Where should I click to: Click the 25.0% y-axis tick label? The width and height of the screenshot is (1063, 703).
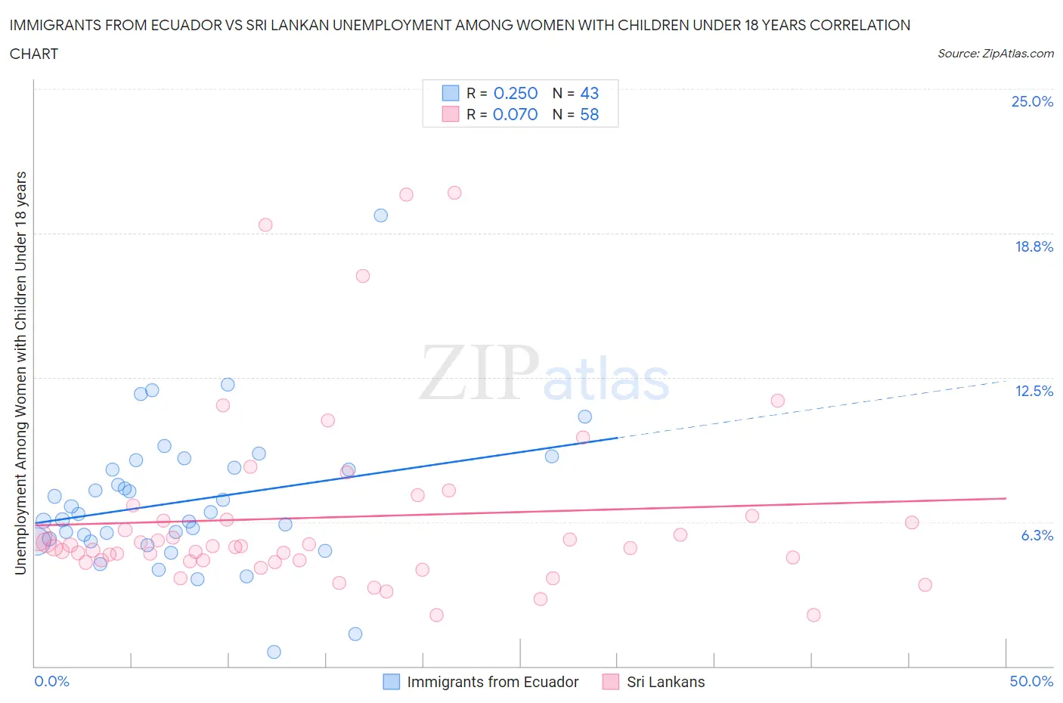[x=1032, y=101]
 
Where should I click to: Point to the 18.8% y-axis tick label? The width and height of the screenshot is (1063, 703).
[x=1034, y=246]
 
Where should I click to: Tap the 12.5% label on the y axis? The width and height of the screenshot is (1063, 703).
[x=1034, y=391]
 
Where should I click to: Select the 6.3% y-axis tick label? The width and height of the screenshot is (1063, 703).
[x=1037, y=535]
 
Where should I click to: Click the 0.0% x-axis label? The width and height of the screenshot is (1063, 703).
[x=51, y=681]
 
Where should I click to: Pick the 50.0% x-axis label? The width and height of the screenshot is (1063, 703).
[x=1031, y=681]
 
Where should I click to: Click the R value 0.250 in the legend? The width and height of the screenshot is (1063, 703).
[x=516, y=93]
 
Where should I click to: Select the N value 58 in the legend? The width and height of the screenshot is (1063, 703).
[x=589, y=114]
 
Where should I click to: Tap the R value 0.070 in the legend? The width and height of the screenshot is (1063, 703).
[x=515, y=114]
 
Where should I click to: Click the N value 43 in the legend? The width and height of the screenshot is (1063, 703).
[x=589, y=93]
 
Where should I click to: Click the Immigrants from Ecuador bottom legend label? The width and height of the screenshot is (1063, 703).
[x=492, y=682]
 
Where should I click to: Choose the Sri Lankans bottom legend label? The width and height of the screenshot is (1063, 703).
[x=665, y=682]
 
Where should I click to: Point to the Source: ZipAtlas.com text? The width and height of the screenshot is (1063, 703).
[x=995, y=54]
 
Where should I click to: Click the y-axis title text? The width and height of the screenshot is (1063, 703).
[x=20, y=373]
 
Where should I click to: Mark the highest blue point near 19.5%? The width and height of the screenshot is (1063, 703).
[x=381, y=215]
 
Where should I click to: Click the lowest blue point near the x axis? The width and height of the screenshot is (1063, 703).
[x=274, y=652]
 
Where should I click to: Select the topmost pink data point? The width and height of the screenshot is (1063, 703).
[x=454, y=193]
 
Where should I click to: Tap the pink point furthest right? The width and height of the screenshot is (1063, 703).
[x=925, y=584]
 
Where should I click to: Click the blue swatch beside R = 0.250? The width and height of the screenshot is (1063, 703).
[x=451, y=93]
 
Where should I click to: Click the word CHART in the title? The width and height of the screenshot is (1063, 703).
[x=34, y=54]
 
